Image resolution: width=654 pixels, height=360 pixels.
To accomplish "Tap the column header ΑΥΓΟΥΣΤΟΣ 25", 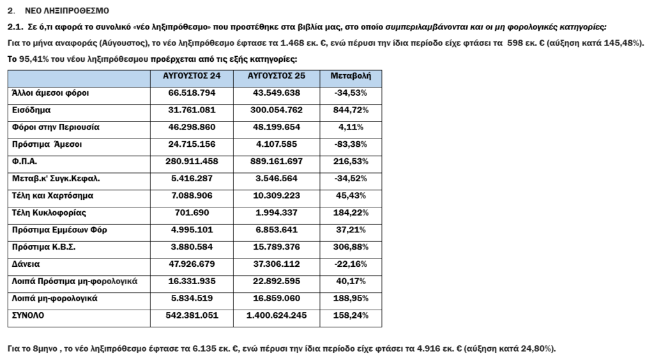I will pos(277,76).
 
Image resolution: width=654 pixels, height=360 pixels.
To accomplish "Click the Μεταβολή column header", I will pos(351,76).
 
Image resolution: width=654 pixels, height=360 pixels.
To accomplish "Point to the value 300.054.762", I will pos(277,110).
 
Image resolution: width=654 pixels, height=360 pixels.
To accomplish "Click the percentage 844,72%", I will pos(351,110).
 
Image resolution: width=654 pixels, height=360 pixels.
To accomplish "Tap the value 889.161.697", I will pos(277,161).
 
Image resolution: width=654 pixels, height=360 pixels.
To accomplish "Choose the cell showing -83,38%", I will pos(351,144).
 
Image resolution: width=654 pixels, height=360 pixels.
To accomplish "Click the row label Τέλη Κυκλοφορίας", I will pos(49,213).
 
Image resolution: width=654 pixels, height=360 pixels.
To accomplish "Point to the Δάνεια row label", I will pos(26,264).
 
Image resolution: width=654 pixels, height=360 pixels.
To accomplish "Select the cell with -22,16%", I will pos(351,264).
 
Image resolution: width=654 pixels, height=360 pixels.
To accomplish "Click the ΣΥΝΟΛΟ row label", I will pos(29,315).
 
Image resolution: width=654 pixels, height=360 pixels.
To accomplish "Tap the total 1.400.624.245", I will pos(277,315).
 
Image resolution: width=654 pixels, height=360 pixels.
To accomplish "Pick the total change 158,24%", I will pos(351,315).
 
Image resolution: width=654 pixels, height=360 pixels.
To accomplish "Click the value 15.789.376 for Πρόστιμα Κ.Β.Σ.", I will pos(277,247).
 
